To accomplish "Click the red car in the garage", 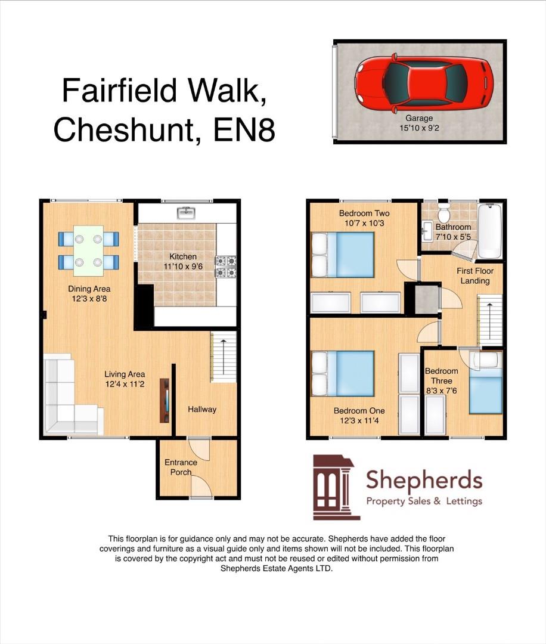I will coord(424,83).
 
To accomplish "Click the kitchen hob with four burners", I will coord(225,267).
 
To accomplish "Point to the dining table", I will coord(89,250).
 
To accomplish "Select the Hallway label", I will coord(202,409).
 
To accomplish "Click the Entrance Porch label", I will coord(181,467).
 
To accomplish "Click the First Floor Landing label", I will coord(475,275).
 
